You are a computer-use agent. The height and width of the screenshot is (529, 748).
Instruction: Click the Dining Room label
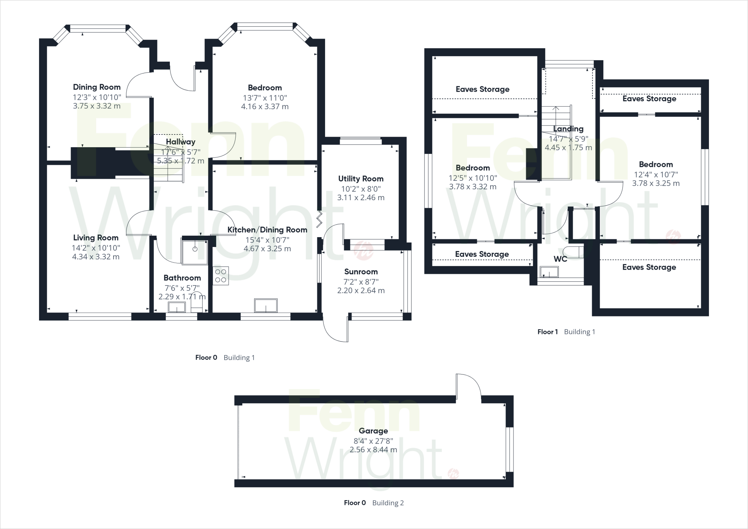tap(97, 87)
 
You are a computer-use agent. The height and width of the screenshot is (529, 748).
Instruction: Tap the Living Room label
tap(96, 238)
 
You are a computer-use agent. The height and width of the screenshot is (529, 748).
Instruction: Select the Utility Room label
tap(360, 179)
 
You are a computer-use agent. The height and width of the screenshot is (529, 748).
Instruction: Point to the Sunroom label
tap(361, 272)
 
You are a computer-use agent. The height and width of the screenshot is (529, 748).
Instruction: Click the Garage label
tap(373, 431)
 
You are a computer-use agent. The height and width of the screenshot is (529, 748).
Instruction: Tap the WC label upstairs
tap(560, 259)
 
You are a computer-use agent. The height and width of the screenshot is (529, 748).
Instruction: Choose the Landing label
tap(568, 129)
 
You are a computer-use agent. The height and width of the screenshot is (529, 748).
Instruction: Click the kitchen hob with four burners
tap(221, 276)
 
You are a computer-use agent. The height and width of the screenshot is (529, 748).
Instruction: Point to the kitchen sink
tap(266, 305)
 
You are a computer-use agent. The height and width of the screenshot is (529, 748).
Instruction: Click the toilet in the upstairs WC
tap(572, 252)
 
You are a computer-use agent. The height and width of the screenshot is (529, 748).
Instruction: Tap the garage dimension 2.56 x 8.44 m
tap(373, 450)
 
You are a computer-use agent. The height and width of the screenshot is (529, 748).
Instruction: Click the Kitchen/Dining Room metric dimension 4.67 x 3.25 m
tap(267, 249)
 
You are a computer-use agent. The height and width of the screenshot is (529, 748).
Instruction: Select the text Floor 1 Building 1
tap(566, 332)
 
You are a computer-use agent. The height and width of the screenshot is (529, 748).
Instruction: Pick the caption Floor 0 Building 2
tap(374, 503)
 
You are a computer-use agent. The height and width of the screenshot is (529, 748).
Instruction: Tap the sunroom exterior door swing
tap(335, 329)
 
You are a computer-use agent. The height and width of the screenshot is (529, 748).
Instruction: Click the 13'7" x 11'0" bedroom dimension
tap(265, 98)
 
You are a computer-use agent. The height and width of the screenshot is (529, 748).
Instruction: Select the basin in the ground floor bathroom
tap(177, 308)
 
